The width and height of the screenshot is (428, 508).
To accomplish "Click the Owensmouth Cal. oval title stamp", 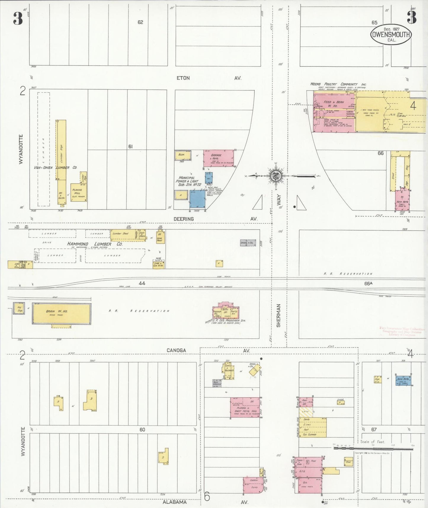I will click(x=391, y=34).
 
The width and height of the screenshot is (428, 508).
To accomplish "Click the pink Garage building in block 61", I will click(x=218, y=158).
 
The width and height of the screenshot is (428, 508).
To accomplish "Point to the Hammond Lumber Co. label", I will click(x=94, y=244).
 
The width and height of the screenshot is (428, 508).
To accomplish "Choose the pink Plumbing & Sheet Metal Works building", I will click(x=245, y=408).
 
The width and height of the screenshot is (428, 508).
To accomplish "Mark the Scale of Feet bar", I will click(x=373, y=448).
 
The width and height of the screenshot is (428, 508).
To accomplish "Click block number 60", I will click(x=142, y=429).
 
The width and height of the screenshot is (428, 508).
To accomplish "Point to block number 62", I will click(x=140, y=22).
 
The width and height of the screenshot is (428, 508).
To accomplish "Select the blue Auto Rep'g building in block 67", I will click(x=403, y=380).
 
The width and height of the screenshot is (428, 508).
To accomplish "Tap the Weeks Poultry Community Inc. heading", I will click(x=338, y=84).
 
